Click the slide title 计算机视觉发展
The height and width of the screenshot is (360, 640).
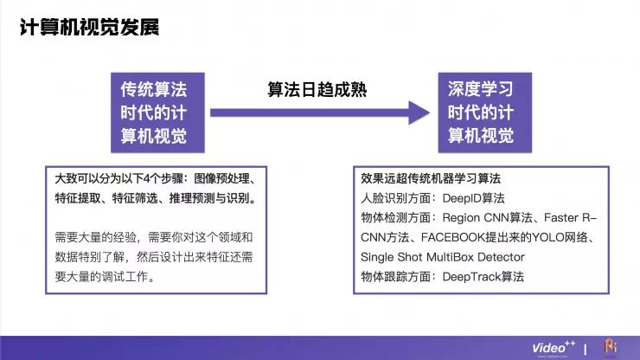pos(90,28)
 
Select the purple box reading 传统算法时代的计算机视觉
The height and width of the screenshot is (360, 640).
pos(154,112)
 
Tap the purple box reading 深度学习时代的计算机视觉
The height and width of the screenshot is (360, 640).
pos(480,112)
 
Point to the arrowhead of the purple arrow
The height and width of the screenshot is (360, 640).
pos(420,112)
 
